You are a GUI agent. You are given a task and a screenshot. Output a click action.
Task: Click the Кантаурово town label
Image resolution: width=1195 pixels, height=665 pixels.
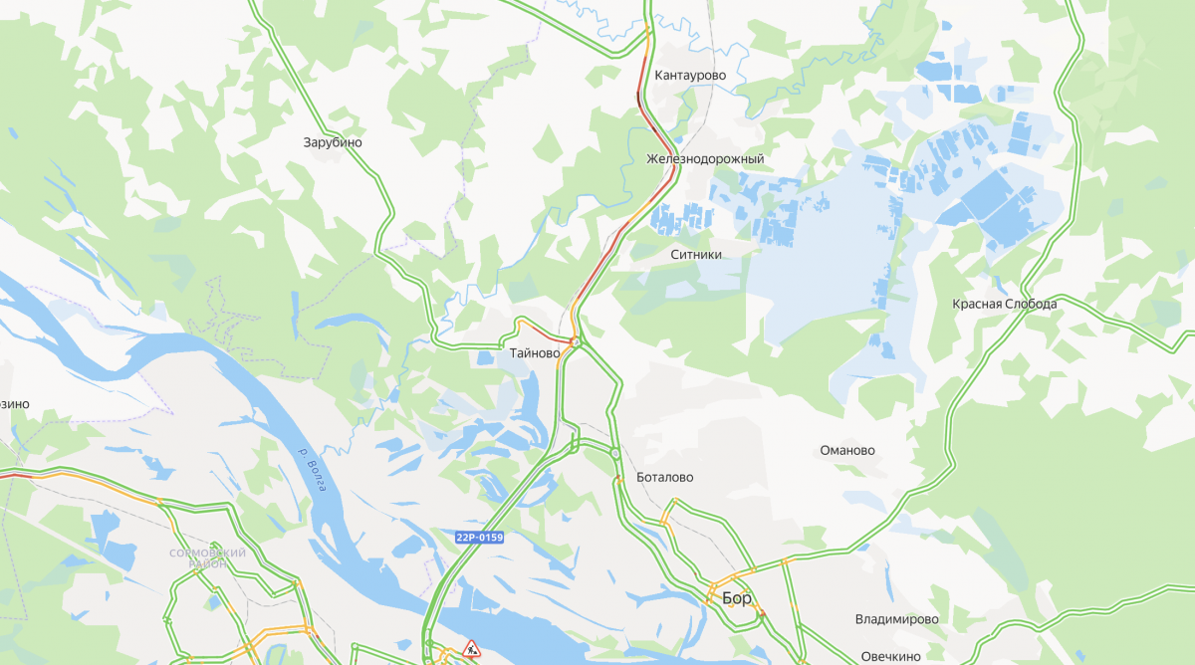[690, 76]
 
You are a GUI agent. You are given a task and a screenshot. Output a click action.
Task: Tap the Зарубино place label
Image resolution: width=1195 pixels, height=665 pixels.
[333, 142]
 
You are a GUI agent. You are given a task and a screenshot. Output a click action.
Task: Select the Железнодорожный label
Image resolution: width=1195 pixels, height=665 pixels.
[705, 159]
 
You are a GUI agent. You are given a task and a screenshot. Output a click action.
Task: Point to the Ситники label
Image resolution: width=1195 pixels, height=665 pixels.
[695, 255]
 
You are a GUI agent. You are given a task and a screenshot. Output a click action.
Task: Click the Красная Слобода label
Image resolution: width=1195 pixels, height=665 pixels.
[1004, 304]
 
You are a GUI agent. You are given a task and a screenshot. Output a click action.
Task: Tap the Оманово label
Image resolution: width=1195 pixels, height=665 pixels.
[846, 450]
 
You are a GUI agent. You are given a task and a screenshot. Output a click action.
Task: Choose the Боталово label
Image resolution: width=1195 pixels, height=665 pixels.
[664, 478]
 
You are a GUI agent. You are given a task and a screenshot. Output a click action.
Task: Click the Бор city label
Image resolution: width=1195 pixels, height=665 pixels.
[737, 598]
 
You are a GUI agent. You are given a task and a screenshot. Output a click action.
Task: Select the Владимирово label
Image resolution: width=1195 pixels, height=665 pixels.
[896, 619]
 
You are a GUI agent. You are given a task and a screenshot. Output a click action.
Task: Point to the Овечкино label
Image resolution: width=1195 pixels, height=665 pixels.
[890, 656]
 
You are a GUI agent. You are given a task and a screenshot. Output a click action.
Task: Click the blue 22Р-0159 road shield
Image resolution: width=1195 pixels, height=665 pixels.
[480, 538]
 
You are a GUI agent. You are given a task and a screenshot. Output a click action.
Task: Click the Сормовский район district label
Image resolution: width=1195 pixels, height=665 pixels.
[207, 557]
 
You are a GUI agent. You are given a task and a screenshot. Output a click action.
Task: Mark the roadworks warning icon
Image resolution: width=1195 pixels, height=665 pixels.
[471, 649]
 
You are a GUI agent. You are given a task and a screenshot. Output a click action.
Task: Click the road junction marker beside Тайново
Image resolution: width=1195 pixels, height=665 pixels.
[576, 341]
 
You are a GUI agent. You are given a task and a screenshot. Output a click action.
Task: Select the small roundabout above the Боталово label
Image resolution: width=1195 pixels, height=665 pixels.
[615, 454]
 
